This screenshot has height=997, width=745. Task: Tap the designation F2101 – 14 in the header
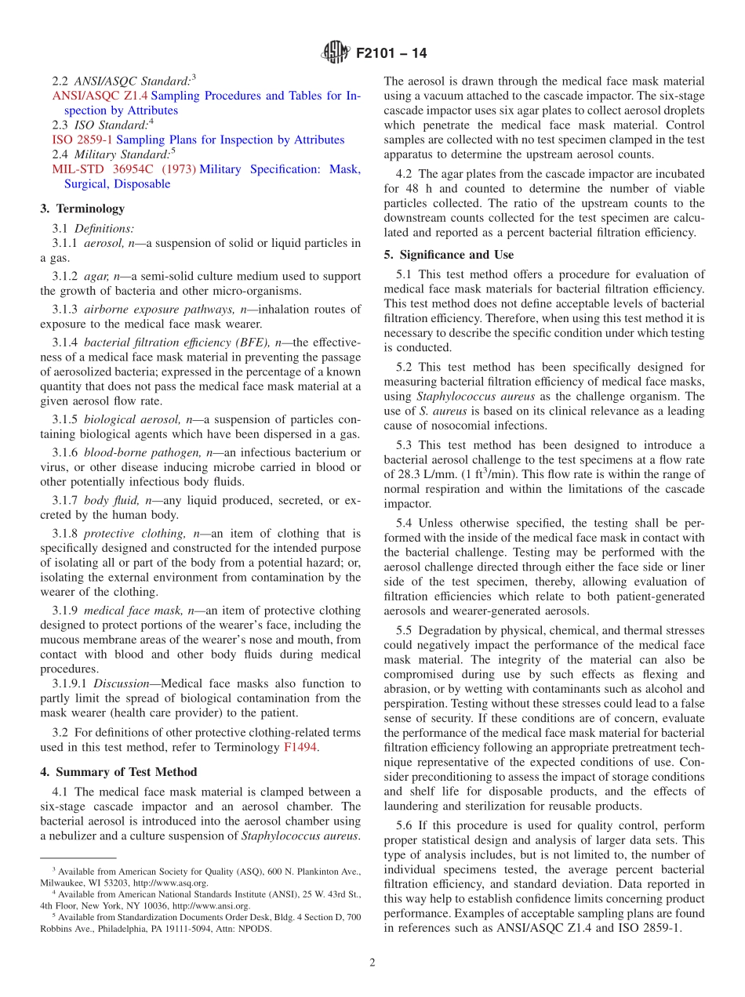click(x=391, y=54)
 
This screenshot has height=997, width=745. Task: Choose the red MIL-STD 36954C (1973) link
click(x=123, y=169)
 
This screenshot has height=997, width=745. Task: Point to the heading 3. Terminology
click(x=82, y=208)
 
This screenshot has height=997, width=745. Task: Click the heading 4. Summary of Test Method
click(x=118, y=772)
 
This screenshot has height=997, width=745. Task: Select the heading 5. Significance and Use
click(x=449, y=255)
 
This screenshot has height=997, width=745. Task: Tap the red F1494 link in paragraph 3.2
click(x=300, y=747)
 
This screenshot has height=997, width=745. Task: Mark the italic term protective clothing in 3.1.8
click(x=125, y=534)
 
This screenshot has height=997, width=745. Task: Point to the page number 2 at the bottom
click(x=372, y=963)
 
